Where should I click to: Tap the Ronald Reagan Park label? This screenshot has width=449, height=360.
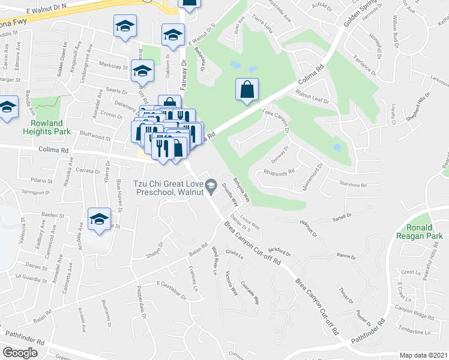[x=427, y=232]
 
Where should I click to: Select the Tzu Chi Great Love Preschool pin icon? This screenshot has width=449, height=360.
[x=211, y=188]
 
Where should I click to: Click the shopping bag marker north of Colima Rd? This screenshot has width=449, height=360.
[x=247, y=91]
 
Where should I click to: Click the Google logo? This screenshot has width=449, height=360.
[x=20, y=353]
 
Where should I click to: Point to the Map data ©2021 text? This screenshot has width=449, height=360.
[x=424, y=355]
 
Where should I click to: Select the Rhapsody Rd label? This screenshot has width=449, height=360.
[x=279, y=172]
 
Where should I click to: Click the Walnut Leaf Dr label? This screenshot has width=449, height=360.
[x=313, y=97]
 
